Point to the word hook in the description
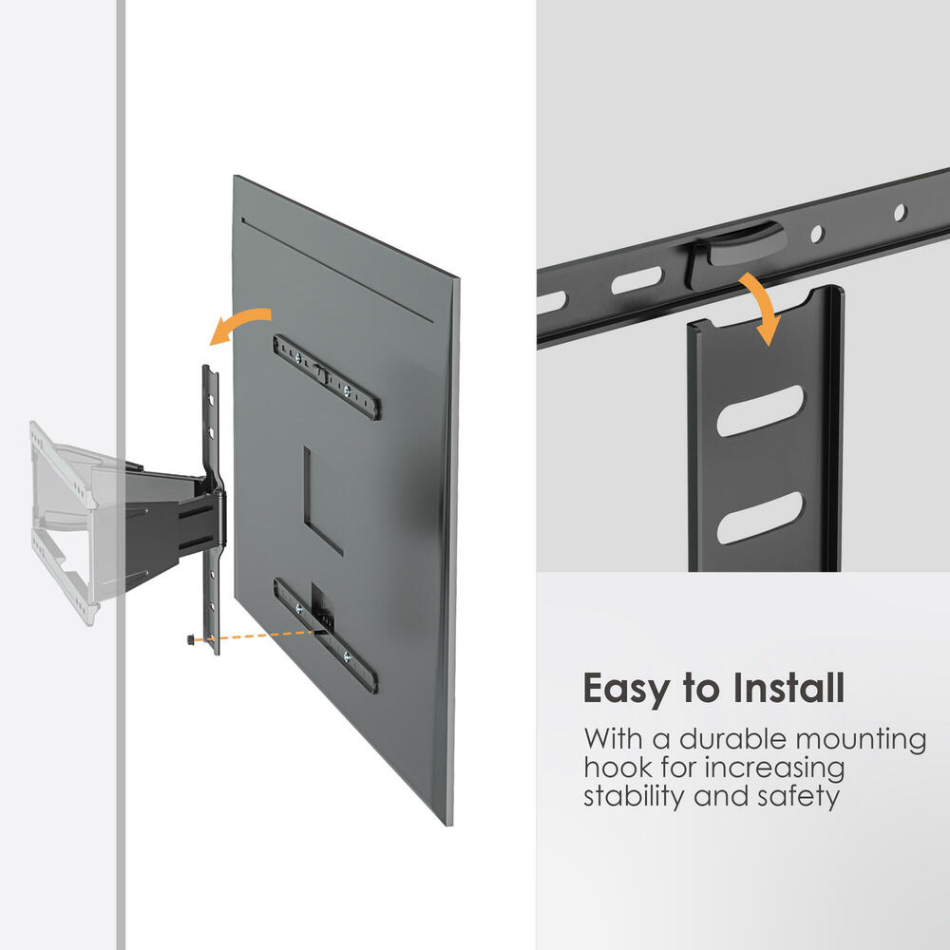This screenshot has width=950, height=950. [617, 768]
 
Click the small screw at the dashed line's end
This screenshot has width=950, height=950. [191, 641]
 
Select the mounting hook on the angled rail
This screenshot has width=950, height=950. [736, 241]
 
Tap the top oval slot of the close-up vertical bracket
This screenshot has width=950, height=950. [760, 410]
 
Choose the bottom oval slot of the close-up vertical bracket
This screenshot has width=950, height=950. [760, 518]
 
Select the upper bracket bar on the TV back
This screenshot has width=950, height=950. [327, 375]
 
